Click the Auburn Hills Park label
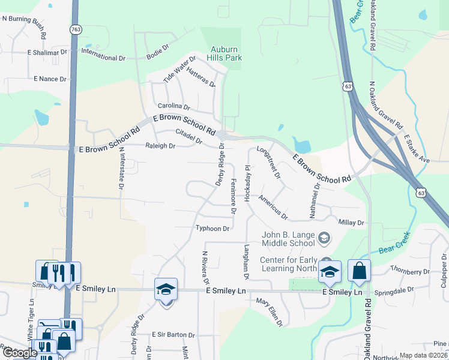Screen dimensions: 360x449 (224, 53)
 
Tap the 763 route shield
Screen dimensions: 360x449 (76, 29)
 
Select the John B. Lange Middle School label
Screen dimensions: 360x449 (288, 239)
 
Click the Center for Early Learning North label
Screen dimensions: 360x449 (288, 264)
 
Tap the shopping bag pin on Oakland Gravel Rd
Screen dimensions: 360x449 (359, 271)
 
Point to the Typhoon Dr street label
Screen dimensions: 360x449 (212, 229)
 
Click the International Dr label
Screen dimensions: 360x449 (103, 59)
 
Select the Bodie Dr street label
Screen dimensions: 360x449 (158, 58)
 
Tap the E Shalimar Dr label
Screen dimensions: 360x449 (47, 53)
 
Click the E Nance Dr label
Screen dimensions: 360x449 (50, 79)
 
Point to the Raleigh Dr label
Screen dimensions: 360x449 (160, 146)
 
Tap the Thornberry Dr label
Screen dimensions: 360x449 (410, 271)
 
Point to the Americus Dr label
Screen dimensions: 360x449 (274, 206)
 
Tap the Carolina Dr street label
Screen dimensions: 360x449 (173, 106)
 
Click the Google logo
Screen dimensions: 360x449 (19, 352)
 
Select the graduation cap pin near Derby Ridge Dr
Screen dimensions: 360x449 (166, 290)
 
